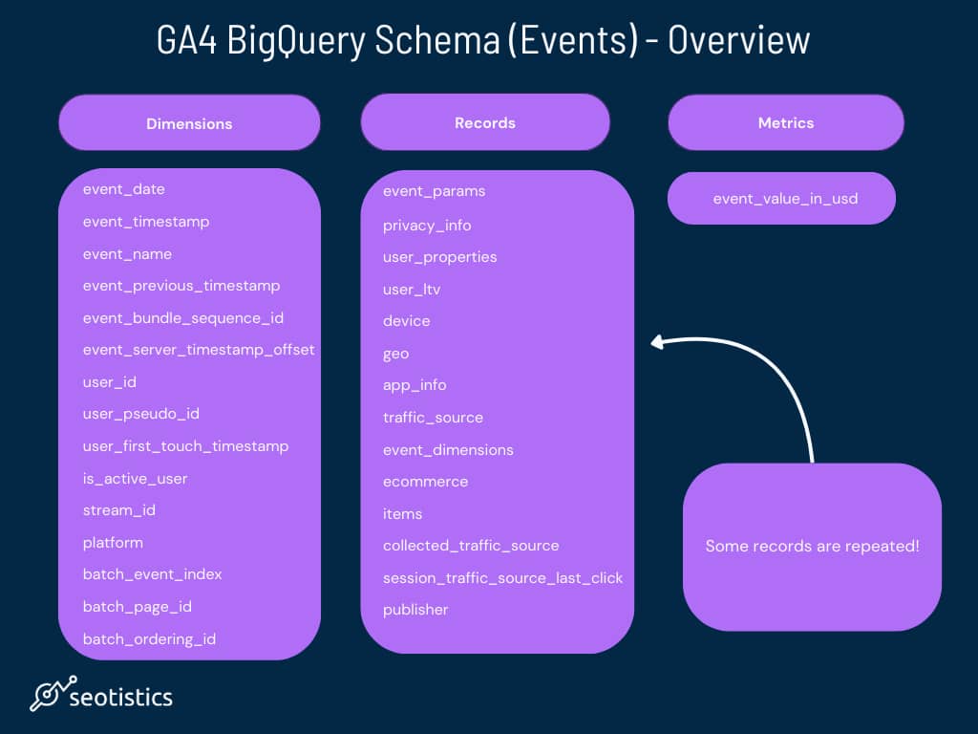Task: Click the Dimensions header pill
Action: pyautogui.click(x=189, y=123)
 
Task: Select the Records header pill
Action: pyautogui.click(x=484, y=122)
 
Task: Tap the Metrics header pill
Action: pyautogui.click(x=786, y=122)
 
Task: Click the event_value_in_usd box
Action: pyautogui.click(x=781, y=199)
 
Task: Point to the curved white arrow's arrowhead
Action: pyautogui.click(x=657, y=342)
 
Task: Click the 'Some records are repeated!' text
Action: pyautogui.click(x=812, y=546)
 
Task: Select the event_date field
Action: pyautogui.click(x=123, y=189)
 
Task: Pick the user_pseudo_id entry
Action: pyautogui.click(x=141, y=414)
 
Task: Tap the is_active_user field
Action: pyautogui.click(x=135, y=479)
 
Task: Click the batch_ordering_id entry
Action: pyautogui.click(x=149, y=639)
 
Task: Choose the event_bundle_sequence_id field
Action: pyautogui.click(x=182, y=318)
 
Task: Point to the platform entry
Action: pyautogui.click(x=113, y=543)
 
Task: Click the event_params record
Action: pyautogui.click(x=435, y=191)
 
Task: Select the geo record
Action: pyautogui.click(x=396, y=354)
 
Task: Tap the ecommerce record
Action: pyautogui.click(x=425, y=482)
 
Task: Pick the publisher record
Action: pyautogui.click(x=415, y=610)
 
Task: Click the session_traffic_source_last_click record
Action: pyautogui.click(x=502, y=578)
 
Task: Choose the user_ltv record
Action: pyautogui.click(x=412, y=290)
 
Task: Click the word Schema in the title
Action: pyautogui.click(x=436, y=40)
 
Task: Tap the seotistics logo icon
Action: pyautogui.click(x=53, y=693)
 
